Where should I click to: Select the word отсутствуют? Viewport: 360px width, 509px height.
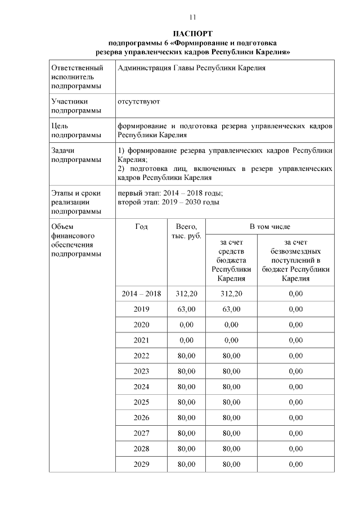point(139,102)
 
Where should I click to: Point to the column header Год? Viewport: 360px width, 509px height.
point(141,227)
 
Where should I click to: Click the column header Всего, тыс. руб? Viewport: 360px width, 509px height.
point(186,231)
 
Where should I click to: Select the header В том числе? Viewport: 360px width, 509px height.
point(270,227)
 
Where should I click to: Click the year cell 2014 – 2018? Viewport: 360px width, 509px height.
point(141,294)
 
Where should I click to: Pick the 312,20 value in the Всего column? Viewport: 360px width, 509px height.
point(186,294)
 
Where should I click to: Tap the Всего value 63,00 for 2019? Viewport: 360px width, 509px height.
point(186,309)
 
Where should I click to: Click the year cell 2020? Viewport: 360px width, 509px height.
point(141,325)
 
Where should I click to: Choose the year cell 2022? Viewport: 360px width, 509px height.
point(141,355)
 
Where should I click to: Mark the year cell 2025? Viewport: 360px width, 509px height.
point(141,402)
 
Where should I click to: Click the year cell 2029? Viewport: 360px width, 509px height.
point(141,464)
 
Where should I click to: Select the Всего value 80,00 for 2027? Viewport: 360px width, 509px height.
point(186,433)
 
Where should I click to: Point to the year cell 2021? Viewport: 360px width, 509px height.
point(141,340)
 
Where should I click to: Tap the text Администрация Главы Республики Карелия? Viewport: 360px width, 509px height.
point(192,68)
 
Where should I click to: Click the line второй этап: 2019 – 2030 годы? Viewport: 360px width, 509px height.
point(169,202)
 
